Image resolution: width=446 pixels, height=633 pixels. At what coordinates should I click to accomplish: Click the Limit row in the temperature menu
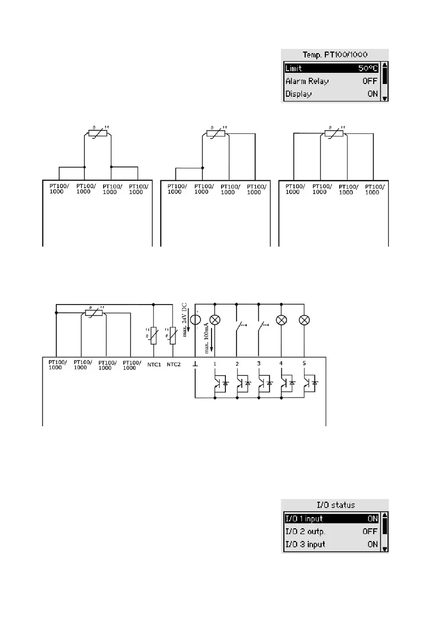click(x=331, y=69)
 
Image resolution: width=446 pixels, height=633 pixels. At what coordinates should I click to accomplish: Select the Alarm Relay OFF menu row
click(x=331, y=81)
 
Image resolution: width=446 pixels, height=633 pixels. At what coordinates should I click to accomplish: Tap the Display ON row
click(x=331, y=94)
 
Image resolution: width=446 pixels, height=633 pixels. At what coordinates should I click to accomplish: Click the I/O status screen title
click(x=334, y=504)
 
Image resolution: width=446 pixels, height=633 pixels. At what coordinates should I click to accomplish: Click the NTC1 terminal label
click(x=154, y=364)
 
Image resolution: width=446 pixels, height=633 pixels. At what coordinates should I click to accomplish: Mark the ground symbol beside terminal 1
click(x=196, y=364)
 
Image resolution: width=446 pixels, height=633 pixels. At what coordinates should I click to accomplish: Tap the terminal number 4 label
click(x=281, y=364)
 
